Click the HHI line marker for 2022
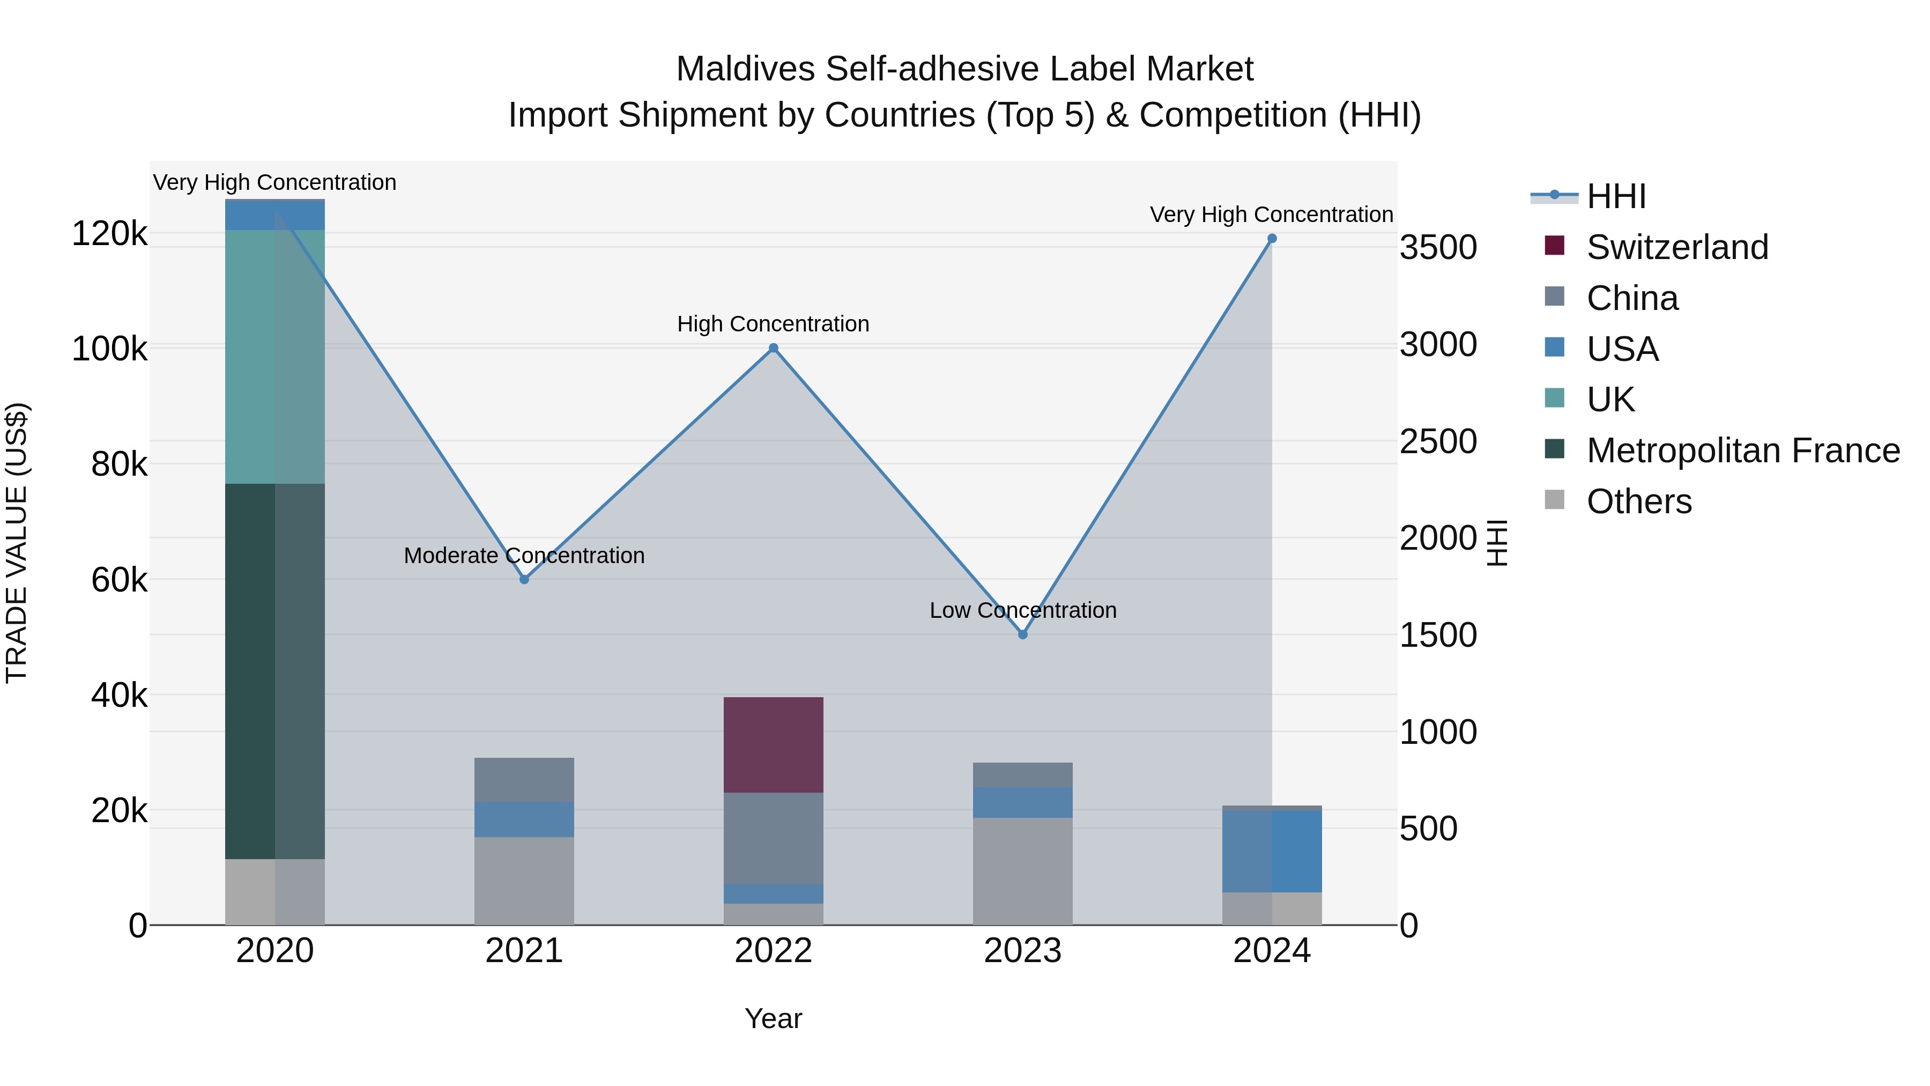pos(773,348)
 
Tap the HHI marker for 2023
pos(1023,635)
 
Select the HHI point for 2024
pos(1272,238)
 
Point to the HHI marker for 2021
pos(524,579)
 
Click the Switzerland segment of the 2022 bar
pos(773,744)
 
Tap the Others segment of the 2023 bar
pos(1023,871)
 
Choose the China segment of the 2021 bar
pos(524,779)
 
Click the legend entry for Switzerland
pos(1677,247)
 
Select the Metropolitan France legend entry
pos(1743,450)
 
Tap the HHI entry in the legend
pos(1616,196)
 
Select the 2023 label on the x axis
pos(1023,951)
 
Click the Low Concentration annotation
pos(1023,610)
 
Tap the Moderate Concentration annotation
pos(524,556)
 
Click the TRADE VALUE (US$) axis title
pos(17,543)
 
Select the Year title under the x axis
pos(773,1018)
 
